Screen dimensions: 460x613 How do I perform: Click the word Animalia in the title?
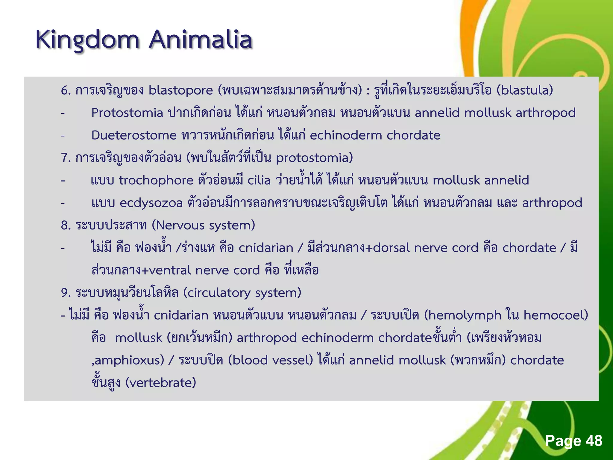201,40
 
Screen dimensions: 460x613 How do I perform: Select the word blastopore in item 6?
180,90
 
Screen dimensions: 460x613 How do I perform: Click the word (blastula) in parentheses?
525,90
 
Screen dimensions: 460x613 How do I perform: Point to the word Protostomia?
127,113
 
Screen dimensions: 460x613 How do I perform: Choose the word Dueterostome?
134,135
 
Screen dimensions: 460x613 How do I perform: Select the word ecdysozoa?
151,203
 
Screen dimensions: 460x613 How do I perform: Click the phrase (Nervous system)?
203,225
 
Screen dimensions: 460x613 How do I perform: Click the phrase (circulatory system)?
242,293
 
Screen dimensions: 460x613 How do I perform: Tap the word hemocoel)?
556,315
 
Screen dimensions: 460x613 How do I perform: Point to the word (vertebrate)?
160,383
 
